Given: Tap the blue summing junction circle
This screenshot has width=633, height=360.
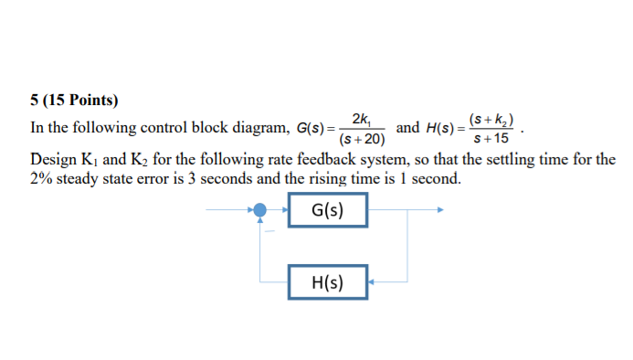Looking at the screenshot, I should point(261,210).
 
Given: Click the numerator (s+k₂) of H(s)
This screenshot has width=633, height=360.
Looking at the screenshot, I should point(491,119).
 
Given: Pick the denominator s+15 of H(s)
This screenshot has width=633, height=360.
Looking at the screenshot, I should point(491,139).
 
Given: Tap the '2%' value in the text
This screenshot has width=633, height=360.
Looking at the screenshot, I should point(43,179).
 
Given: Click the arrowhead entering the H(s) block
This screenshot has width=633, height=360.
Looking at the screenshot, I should point(371,282).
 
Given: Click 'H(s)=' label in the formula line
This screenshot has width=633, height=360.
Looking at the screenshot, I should point(445,129).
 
